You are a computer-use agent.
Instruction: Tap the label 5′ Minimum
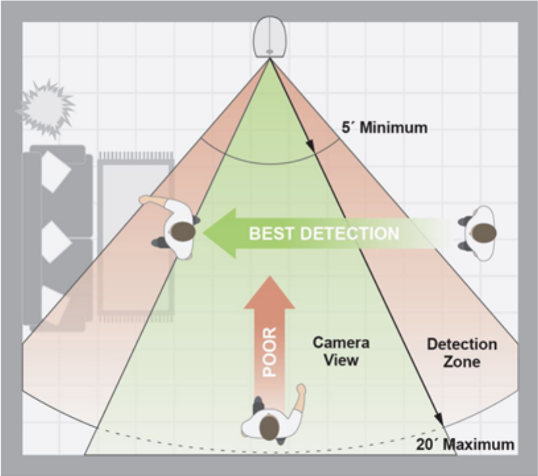tap(384, 127)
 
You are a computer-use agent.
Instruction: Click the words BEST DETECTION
tap(323, 233)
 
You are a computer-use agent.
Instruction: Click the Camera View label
tap(340, 351)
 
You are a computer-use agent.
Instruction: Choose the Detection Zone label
tap(462, 353)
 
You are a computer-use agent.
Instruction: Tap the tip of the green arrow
tap(206, 233)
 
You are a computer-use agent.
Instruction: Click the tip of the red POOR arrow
tap(270, 278)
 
